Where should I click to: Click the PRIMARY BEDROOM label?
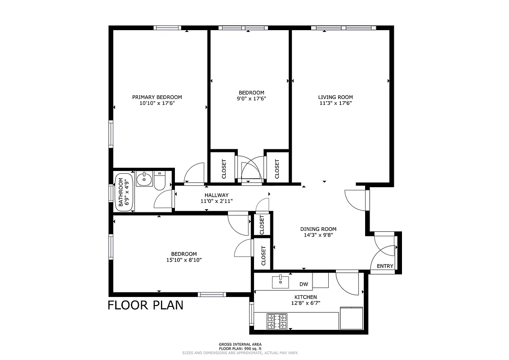click(x=157, y=97)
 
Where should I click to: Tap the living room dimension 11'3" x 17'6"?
click(x=335, y=103)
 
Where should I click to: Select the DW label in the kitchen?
click(x=304, y=284)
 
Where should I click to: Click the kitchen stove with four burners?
click(x=277, y=321)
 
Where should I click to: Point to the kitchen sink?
click(x=280, y=282)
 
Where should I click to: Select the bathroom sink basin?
click(x=144, y=179)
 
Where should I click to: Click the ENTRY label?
click(x=385, y=266)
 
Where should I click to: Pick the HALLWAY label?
click(x=217, y=195)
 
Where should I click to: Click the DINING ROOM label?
click(x=318, y=229)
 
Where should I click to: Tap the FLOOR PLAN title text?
click(x=145, y=305)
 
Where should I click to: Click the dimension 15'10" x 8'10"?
click(x=184, y=260)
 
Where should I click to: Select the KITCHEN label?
click(x=306, y=297)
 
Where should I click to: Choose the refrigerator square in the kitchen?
click(x=351, y=318)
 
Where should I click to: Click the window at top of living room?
click(x=343, y=28)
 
